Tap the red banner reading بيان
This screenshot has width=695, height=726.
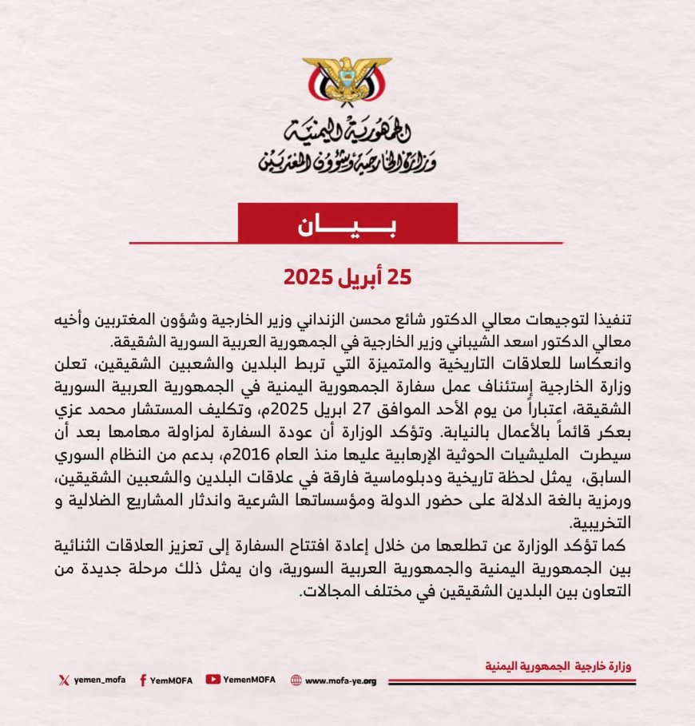point(347,223)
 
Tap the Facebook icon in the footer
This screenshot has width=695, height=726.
point(142,680)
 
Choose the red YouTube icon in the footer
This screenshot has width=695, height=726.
point(212,680)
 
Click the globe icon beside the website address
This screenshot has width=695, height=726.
point(296,680)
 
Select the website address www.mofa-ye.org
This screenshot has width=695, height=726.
point(340,680)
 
